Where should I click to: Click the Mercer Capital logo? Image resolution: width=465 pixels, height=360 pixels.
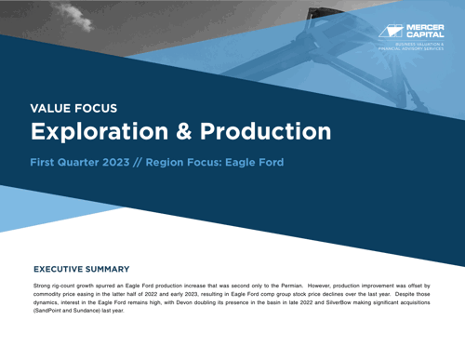[412, 31]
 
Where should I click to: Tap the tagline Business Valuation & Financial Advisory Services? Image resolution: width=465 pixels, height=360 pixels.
[419, 47]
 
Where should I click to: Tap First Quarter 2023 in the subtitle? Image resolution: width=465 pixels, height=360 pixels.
[80, 162]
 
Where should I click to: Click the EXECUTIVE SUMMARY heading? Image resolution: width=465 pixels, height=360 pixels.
[81, 268]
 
